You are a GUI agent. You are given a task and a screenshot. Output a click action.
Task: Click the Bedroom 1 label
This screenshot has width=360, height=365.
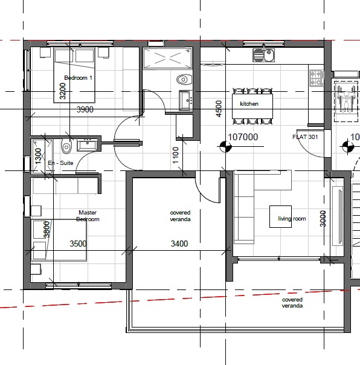[78, 78]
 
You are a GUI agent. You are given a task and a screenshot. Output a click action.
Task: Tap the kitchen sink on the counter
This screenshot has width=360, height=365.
[264, 55]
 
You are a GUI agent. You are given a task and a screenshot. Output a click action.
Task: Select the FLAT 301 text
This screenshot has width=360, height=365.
[305, 137]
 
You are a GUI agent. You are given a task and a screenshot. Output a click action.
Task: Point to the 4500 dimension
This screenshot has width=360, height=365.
[219, 109]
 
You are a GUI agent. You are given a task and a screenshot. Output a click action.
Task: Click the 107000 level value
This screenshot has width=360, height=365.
[243, 137]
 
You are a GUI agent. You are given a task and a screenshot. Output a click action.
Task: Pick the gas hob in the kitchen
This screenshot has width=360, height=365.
[317, 78]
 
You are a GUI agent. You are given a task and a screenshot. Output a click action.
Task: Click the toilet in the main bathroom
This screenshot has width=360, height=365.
[184, 80]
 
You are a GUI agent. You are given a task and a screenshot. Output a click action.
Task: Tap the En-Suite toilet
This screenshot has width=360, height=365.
[66, 146]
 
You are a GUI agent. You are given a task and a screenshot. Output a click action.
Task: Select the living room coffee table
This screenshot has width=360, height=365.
[280, 216]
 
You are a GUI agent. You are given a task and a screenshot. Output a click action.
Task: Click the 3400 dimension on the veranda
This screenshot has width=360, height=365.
[179, 244]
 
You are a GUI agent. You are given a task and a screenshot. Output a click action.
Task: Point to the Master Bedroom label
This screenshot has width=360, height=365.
[88, 216]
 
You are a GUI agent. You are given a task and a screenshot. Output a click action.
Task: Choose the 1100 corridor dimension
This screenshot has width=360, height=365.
[176, 155]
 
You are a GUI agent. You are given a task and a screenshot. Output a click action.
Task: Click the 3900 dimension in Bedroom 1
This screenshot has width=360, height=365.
[85, 109]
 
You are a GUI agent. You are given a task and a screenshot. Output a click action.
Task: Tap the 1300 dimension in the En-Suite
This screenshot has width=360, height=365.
[37, 156]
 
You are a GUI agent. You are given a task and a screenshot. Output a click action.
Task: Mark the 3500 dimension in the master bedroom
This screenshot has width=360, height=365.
[78, 244]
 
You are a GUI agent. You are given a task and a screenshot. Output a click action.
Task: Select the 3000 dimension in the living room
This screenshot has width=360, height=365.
[323, 219]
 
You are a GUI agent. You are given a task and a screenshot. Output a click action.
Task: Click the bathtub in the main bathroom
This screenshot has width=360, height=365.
[167, 58]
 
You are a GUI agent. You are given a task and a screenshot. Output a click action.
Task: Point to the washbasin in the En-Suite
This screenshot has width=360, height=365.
[87, 145]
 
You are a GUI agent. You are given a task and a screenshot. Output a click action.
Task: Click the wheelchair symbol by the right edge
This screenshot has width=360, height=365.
[346, 102]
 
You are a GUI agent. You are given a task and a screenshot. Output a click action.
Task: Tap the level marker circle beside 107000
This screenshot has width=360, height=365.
[225, 147]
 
